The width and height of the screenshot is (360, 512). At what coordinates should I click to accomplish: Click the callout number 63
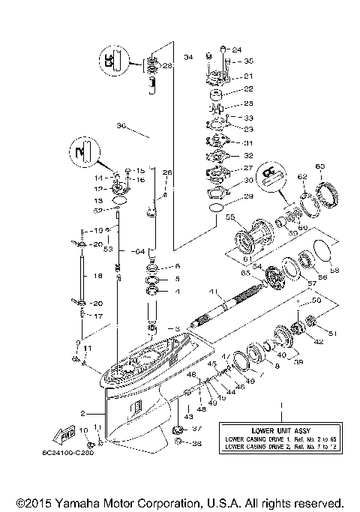pyautogui.click(x=319, y=166)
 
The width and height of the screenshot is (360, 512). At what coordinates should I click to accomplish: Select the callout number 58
pyautogui.click(x=335, y=271)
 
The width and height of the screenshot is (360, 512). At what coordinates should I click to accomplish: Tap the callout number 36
pyautogui.click(x=121, y=126)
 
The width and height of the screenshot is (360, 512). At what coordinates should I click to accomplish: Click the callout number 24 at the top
pyautogui.click(x=237, y=49)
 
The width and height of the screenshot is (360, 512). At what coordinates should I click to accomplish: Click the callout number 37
pyautogui.click(x=198, y=429)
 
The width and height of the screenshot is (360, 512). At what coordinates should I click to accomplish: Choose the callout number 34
pyautogui.click(x=188, y=56)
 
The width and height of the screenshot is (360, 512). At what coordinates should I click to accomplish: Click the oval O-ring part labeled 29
pyautogui.click(x=215, y=207)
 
